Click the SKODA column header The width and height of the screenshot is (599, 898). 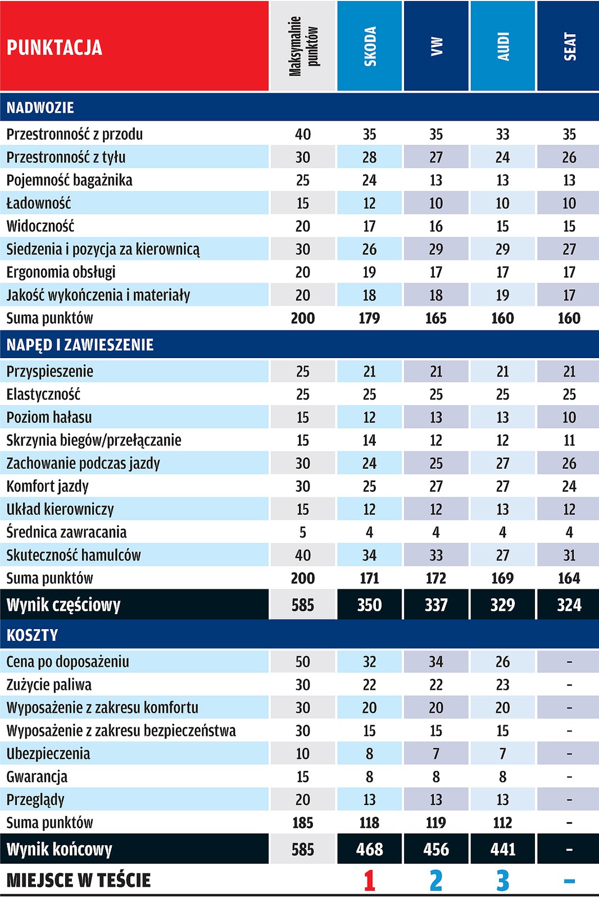point(370,46)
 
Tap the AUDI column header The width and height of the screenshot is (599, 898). point(503,46)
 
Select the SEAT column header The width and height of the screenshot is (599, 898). point(569,46)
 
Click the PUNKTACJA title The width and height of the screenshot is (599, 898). point(55,47)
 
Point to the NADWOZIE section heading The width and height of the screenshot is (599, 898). point(40,107)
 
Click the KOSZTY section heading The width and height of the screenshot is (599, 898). point(33,635)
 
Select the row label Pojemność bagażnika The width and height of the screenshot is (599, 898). point(69,180)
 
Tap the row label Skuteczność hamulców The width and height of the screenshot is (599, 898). point(74,555)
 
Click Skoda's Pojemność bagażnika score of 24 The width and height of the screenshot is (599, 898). point(369,180)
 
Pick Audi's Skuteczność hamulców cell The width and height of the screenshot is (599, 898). point(502,555)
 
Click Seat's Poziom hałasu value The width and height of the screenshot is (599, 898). point(569,417)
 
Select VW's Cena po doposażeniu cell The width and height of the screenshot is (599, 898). point(436,662)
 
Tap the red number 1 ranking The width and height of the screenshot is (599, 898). point(369,880)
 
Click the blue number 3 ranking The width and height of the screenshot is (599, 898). point(502,880)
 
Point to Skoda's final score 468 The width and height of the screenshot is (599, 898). point(369,849)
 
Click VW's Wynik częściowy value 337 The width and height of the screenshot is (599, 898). point(436,604)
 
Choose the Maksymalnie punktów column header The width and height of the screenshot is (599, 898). point(303,46)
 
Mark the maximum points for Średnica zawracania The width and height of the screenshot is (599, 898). point(303,532)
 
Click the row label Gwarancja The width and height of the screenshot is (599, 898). point(37,777)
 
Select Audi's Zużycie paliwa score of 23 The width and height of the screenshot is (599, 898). point(502,685)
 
